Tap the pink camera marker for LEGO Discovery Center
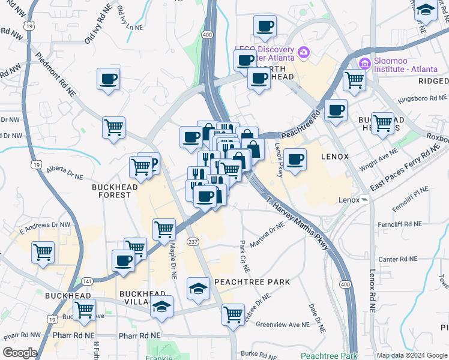tap(303, 53)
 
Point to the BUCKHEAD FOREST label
tap(111, 191)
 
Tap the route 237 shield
tap(193, 241)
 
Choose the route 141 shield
tap(88, 281)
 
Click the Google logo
tap(20, 353)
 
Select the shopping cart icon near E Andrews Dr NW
tap(43, 252)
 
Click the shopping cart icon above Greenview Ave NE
tap(233, 314)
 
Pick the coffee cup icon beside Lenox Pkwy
tap(295, 160)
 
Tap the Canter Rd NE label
tap(397, 259)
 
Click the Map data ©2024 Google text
tap(411, 355)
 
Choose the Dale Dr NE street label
tap(317, 317)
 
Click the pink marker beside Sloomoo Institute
tap(364, 64)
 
